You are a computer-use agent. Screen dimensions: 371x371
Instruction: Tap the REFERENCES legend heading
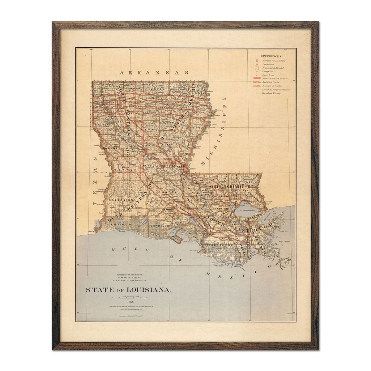pos(271,57)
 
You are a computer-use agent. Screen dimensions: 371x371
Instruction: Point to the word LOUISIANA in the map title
pos(149,290)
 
